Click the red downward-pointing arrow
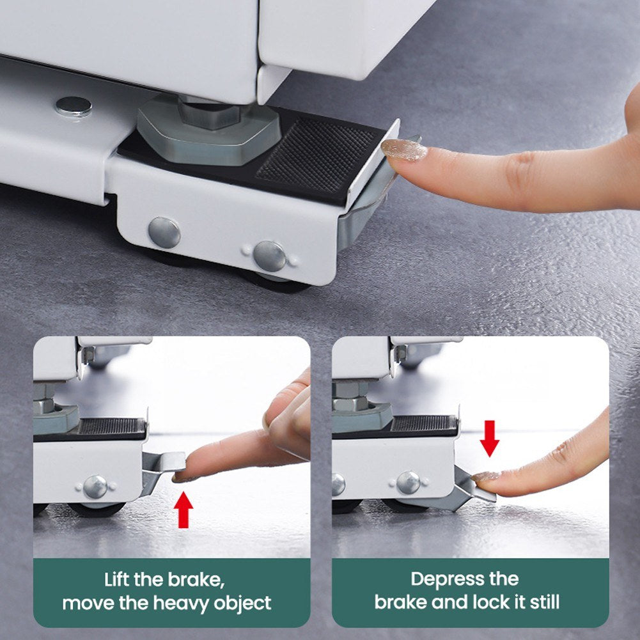(490, 438)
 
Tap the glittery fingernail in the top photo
(404, 150)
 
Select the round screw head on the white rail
(73, 105)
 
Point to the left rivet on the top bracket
(164, 232)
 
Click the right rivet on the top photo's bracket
(269, 256)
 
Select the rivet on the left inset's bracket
(95, 487)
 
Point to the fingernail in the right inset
(487, 476)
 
